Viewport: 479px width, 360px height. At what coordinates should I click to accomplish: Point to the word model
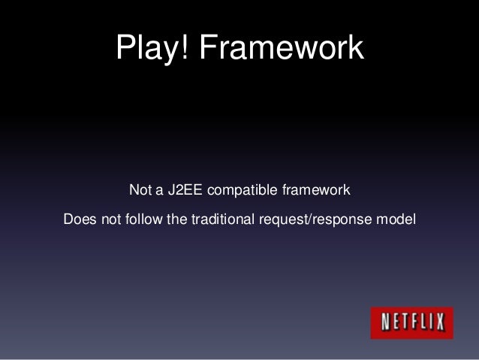click(x=397, y=219)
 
